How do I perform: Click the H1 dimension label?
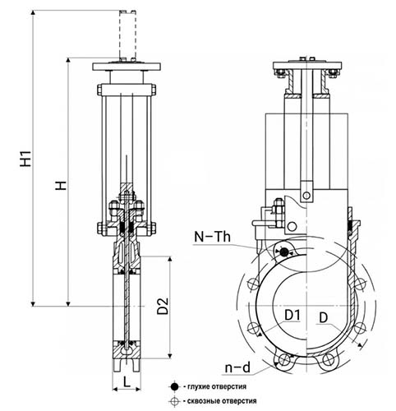(x=26, y=158)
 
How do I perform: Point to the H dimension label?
(x=61, y=185)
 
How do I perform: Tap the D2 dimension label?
(x=163, y=306)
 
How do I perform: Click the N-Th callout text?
(x=212, y=237)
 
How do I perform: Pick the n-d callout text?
(x=237, y=367)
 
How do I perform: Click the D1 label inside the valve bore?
(x=292, y=316)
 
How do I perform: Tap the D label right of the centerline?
(x=324, y=318)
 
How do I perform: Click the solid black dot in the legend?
(x=174, y=386)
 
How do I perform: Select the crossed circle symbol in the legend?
(x=174, y=401)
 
